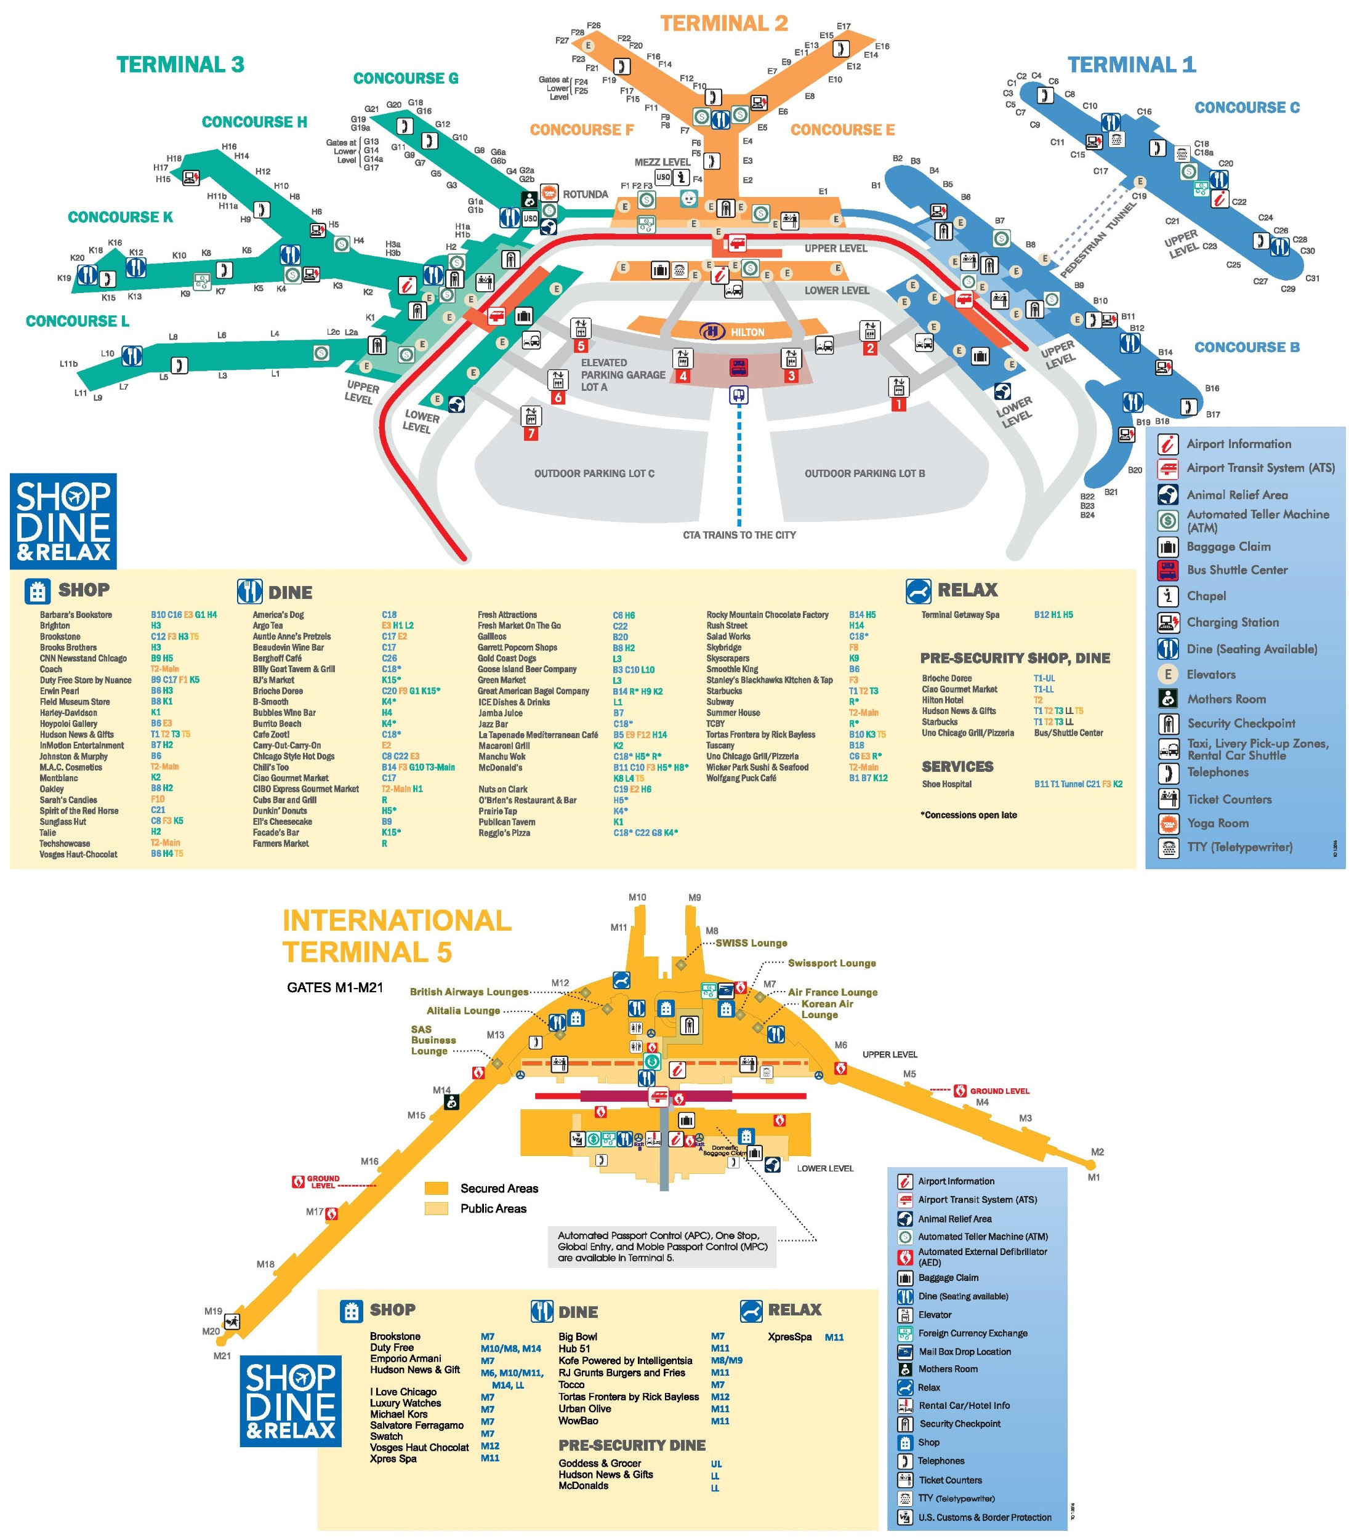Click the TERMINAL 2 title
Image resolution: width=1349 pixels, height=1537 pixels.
click(x=723, y=23)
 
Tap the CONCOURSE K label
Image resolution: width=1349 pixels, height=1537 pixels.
click(x=120, y=217)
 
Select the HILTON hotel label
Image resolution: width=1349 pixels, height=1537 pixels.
click(x=747, y=332)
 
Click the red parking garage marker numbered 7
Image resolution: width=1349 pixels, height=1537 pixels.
click(x=531, y=434)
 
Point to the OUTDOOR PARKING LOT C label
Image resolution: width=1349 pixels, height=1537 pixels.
click(x=594, y=474)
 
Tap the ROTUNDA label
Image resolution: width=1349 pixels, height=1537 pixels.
click(x=585, y=195)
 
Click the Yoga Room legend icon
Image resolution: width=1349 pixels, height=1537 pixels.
click(x=1168, y=824)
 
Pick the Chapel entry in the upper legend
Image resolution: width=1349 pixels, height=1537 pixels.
click(x=1206, y=596)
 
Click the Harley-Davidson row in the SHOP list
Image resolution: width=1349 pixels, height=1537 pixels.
click(x=68, y=713)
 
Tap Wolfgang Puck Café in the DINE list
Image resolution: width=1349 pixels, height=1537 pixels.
click(x=741, y=778)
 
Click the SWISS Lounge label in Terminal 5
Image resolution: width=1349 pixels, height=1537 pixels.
click(x=751, y=943)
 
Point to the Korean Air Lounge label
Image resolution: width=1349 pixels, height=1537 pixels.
click(x=826, y=1009)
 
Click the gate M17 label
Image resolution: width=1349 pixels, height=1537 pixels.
click(x=315, y=1211)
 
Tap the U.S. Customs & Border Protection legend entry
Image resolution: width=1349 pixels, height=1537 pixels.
click(x=985, y=1517)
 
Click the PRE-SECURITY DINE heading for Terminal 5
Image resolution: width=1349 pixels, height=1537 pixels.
click(x=632, y=1445)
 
